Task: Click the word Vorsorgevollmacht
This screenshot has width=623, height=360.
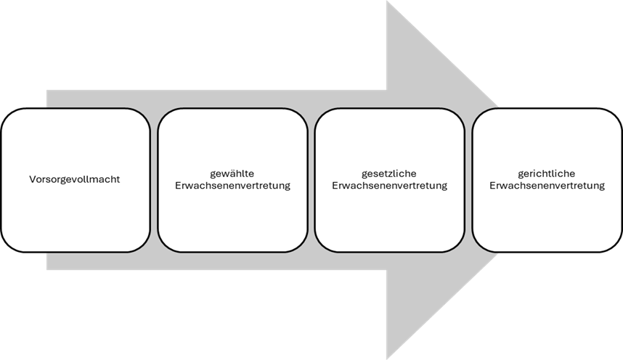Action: (x=74, y=179)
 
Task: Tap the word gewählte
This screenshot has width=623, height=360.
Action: (x=232, y=173)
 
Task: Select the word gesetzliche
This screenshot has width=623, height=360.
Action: (x=389, y=173)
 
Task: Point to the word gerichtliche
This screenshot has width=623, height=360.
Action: (x=546, y=173)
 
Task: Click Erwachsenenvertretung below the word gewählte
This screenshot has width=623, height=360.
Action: (x=232, y=186)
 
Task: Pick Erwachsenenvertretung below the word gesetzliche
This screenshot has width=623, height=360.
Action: (x=389, y=186)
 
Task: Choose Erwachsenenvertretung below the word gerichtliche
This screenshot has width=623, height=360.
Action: (x=547, y=186)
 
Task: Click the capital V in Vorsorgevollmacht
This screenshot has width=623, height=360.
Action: (x=32, y=179)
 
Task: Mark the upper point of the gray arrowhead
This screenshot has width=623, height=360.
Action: (x=386, y=1)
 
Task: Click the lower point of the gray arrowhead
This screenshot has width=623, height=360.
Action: (x=386, y=359)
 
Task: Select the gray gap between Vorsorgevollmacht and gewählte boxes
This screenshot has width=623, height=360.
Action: (x=154, y=180)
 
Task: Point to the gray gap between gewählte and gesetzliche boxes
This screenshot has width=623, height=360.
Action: (x=311, y=180)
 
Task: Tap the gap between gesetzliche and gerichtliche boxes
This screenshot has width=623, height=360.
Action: (x=468, y=180)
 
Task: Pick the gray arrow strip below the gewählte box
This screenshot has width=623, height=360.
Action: (x=232, y=261)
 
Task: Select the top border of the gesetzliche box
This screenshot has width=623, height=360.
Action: (x=389, y=108)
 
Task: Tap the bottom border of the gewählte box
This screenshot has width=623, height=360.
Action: (x=232, y=252)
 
